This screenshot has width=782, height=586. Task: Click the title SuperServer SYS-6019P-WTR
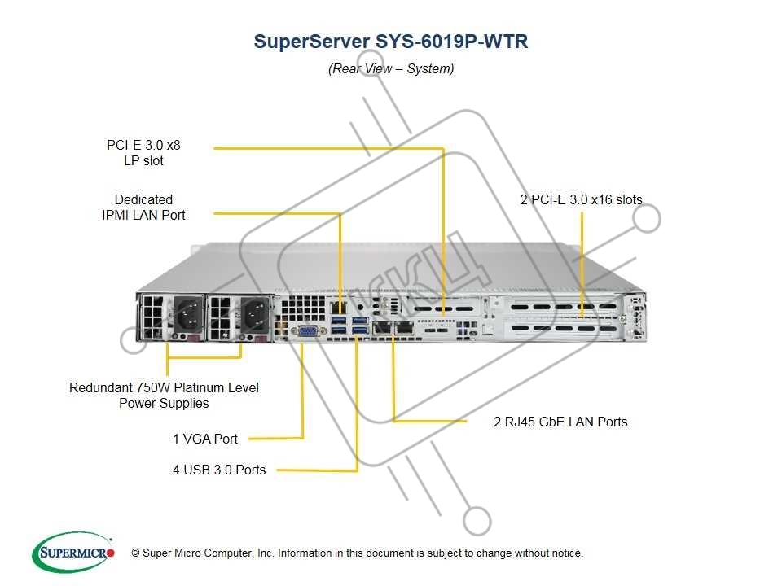coord(390,42)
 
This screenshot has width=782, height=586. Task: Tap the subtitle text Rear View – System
coord(391,68)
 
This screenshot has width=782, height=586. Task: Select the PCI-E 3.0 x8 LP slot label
coord(143,153)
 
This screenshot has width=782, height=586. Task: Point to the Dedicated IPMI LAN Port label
coord(143,208)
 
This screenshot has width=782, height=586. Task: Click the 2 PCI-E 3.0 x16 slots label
coord(581,200)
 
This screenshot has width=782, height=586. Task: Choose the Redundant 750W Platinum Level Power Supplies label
coord(164,396)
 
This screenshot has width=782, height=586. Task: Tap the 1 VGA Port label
coord(205,439)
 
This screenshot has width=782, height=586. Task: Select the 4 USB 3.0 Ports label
coord(219,470)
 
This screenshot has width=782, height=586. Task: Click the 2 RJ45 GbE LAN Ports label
coord(560,422)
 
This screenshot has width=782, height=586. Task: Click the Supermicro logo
coord(73,553)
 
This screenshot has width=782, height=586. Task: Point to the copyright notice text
coord(357,553)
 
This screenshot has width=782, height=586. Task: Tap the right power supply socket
coord(255,316)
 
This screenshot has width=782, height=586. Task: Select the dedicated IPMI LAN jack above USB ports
coord(339,308)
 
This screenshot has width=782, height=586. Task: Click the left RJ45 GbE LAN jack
coord(382,327)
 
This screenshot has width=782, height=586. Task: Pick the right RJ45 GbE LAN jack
coord(404,327)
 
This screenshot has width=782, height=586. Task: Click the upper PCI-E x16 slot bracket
coord(562,307)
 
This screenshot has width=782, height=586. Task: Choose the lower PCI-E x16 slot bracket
coord(562,329)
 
